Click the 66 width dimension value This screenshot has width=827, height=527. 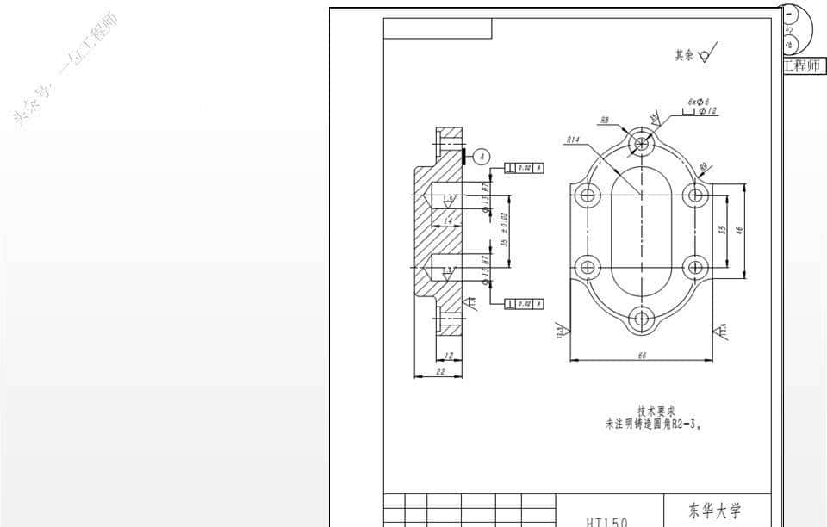click(641, 356)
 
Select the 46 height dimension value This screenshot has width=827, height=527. click(739, 230)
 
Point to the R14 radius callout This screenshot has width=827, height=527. click(572, 140)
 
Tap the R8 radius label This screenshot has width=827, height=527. click(605, 121)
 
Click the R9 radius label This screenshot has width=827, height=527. click(704, 166)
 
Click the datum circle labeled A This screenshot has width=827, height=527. click(482, 156)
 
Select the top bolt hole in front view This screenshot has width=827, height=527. click(640, 142)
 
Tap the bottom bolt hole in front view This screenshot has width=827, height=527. click(640, 319)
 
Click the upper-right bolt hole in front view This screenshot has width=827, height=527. click(694, 195)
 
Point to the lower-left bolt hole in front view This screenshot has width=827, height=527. click(588, 266)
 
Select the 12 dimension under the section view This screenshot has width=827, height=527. click(450, 356)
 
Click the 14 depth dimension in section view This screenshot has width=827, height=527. click(448, 221)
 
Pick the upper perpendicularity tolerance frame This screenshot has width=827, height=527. click(524, 167)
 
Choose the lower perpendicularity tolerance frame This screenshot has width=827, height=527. click(524, 304)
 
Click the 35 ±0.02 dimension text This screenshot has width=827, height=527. click(505, 229)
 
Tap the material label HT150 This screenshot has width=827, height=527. click(606, 521)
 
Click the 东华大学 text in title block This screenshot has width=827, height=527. click(715, 510)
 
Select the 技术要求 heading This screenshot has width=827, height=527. click(656, 411)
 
